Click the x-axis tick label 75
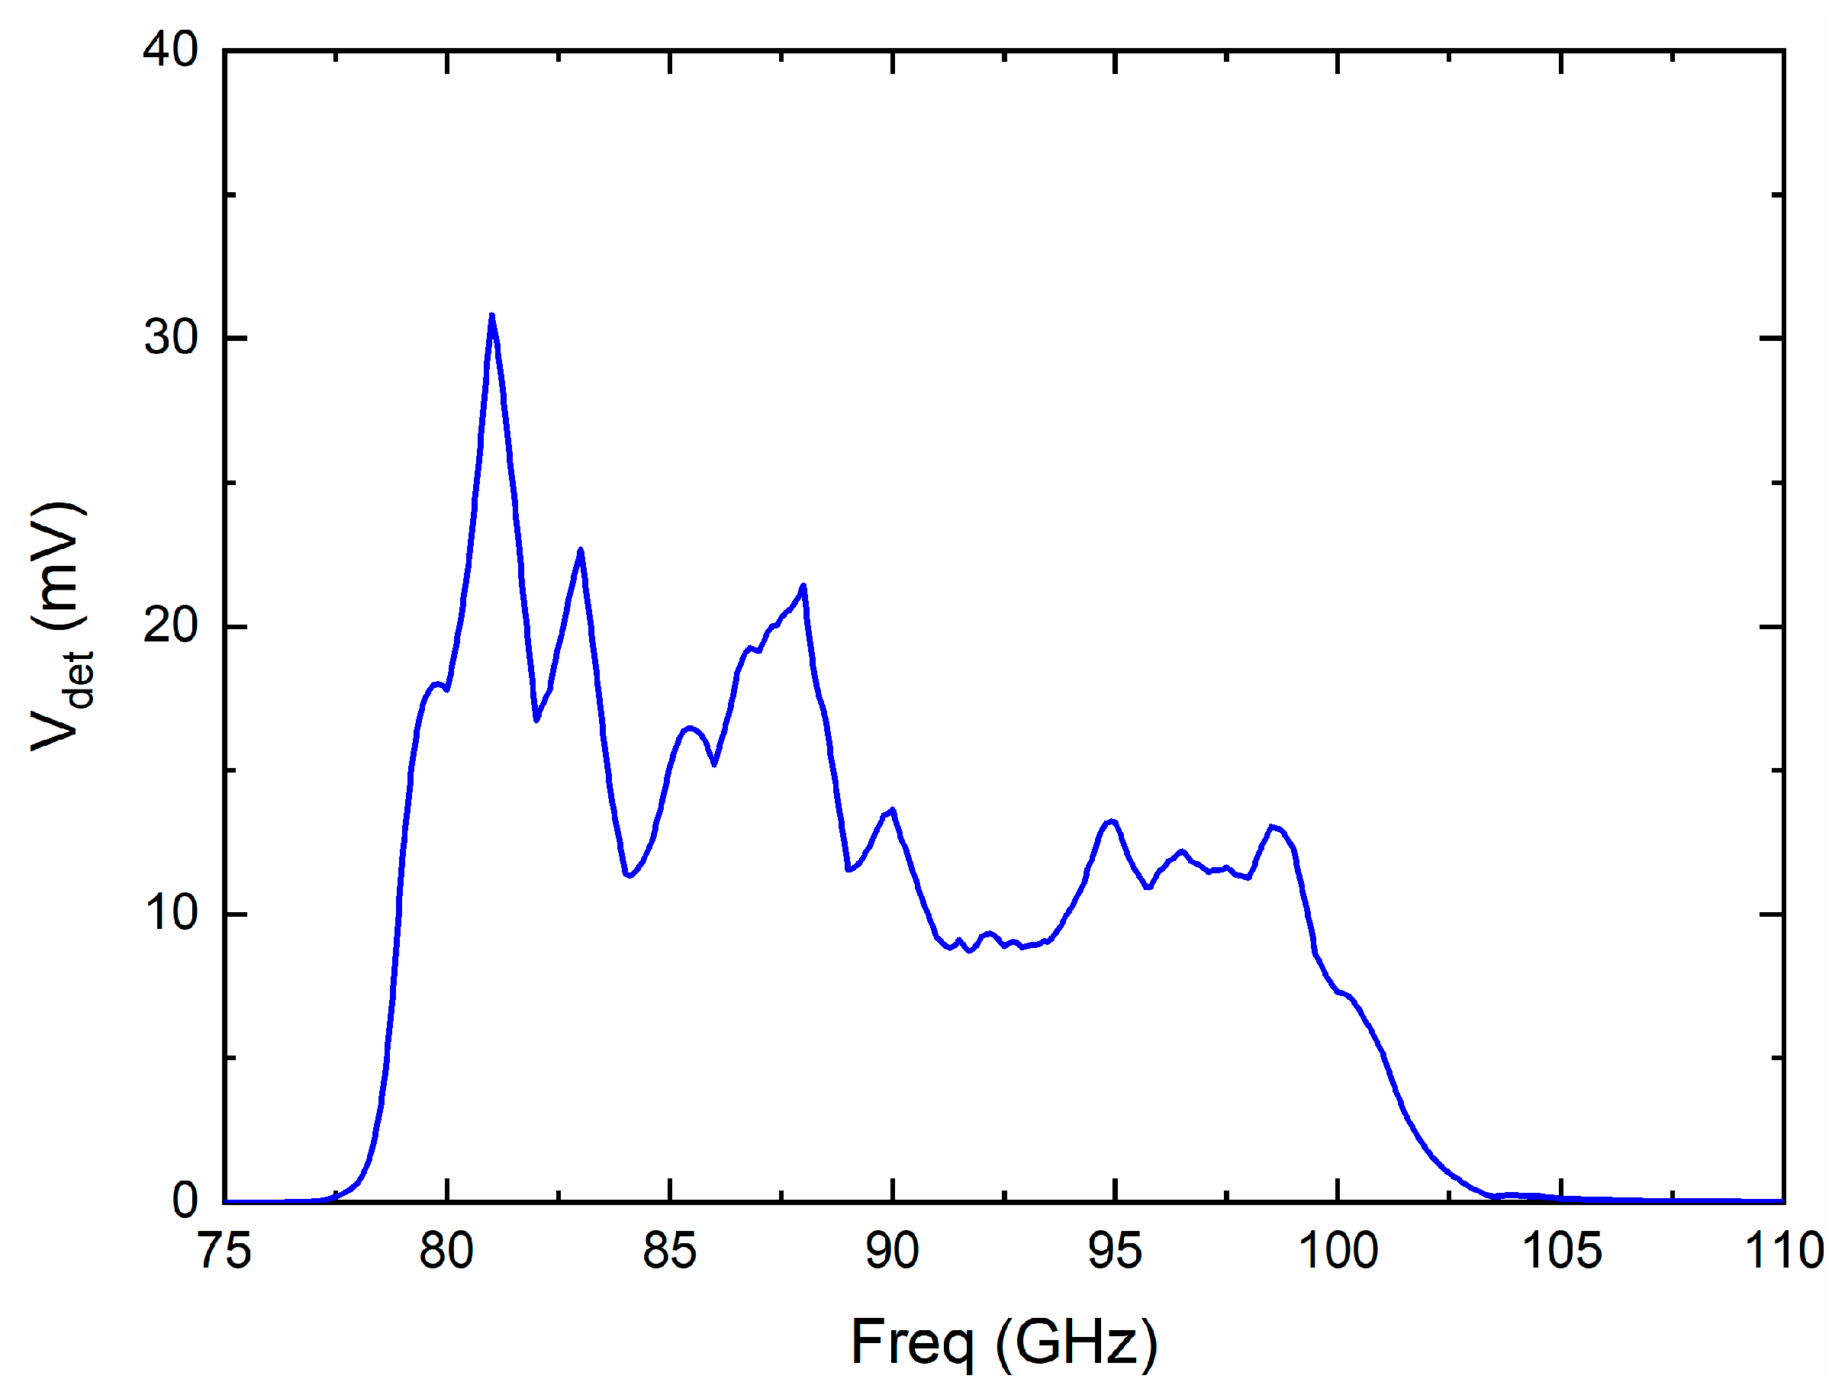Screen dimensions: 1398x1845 [x=225, y=1251]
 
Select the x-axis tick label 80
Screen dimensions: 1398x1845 [x=447, y=1251]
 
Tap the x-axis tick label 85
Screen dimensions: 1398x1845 [x=670, y=1251]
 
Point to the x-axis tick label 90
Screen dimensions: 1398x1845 [x=893, y=1251]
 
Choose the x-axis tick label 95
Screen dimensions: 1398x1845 [x=1116, y=1251]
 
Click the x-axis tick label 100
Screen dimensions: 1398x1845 [x=1338, y=1251]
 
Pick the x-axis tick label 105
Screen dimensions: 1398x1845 [x=1561, y=1251]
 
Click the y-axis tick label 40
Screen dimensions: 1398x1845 [x=170, y=50]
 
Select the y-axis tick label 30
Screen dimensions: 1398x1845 [x=170, y=338]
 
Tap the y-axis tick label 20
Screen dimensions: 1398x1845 [x=170, y=625]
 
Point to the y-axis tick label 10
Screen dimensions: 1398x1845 [x=170, y=913]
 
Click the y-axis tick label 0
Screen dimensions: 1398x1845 [x=185, y=1200]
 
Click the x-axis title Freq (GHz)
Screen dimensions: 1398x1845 [x=1003, y=1342]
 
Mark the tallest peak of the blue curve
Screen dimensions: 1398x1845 [x=492, y=316]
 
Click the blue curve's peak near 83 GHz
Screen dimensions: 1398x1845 [x=581, y=550]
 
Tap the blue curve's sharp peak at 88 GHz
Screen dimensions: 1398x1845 [x=803, y=586]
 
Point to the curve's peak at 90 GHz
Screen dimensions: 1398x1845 [x=893, y=809]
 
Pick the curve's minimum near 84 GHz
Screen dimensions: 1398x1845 [x=628, y=876]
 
